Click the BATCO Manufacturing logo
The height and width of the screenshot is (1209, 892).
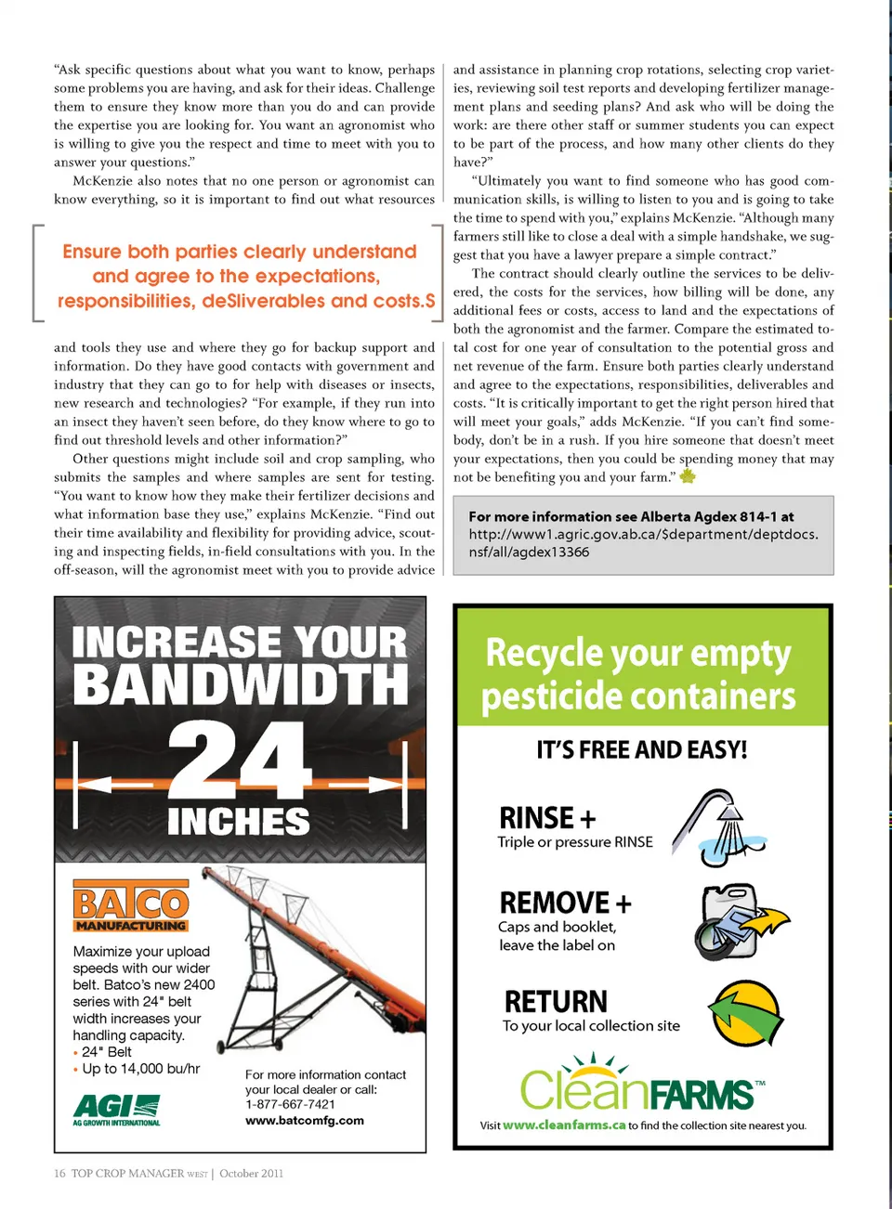[131, 905]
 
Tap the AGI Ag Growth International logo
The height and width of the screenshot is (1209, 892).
[116, 1110]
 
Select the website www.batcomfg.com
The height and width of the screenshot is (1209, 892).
[304, 1121]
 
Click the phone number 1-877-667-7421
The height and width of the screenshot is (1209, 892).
[290, 1104]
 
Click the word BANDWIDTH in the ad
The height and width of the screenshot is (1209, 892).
[240, 684]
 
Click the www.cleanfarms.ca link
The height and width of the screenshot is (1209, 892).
[564, 1125]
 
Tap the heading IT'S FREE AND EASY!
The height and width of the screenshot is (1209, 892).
[642, 749]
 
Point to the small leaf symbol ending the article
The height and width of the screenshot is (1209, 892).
[688, 476]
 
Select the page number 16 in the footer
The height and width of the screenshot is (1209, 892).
[59, 1174]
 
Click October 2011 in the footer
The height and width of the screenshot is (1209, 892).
[252, 1174]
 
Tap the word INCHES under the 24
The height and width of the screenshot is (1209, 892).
[239, 822]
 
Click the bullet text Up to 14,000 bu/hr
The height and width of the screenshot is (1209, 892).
[140, 1069]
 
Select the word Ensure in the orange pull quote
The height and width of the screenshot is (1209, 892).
[92, 252]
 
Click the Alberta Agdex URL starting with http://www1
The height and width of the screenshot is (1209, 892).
[643, 542]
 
